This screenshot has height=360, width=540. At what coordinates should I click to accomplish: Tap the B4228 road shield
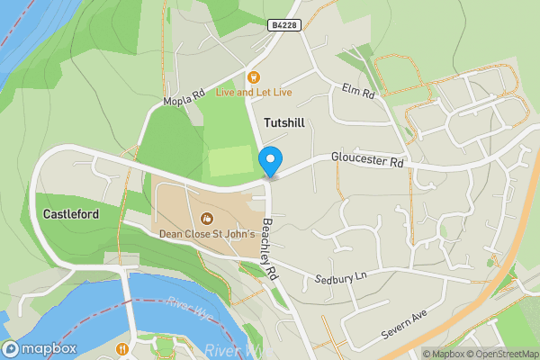(283, 27)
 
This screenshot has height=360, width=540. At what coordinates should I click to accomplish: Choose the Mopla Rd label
(184, 99)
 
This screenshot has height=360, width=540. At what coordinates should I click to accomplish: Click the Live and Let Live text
(253, 92)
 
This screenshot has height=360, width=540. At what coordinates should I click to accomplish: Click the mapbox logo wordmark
(41, 349)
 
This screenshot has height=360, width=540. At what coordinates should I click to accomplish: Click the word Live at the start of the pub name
(224, 92)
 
